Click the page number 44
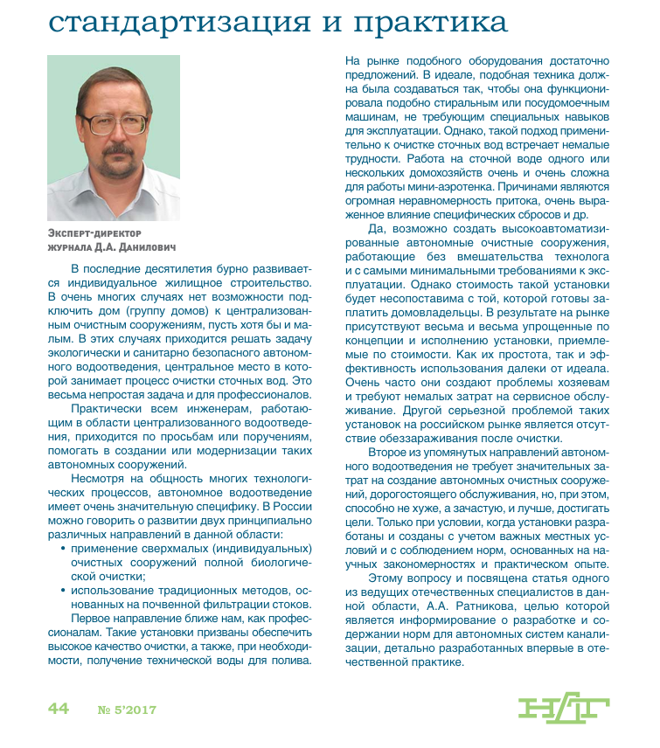pyautogui.click(x=59, y=709)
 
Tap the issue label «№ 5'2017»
pyautogui.click(x=127, y=710)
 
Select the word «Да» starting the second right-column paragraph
pyautogui.click(x=377, y=228)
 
